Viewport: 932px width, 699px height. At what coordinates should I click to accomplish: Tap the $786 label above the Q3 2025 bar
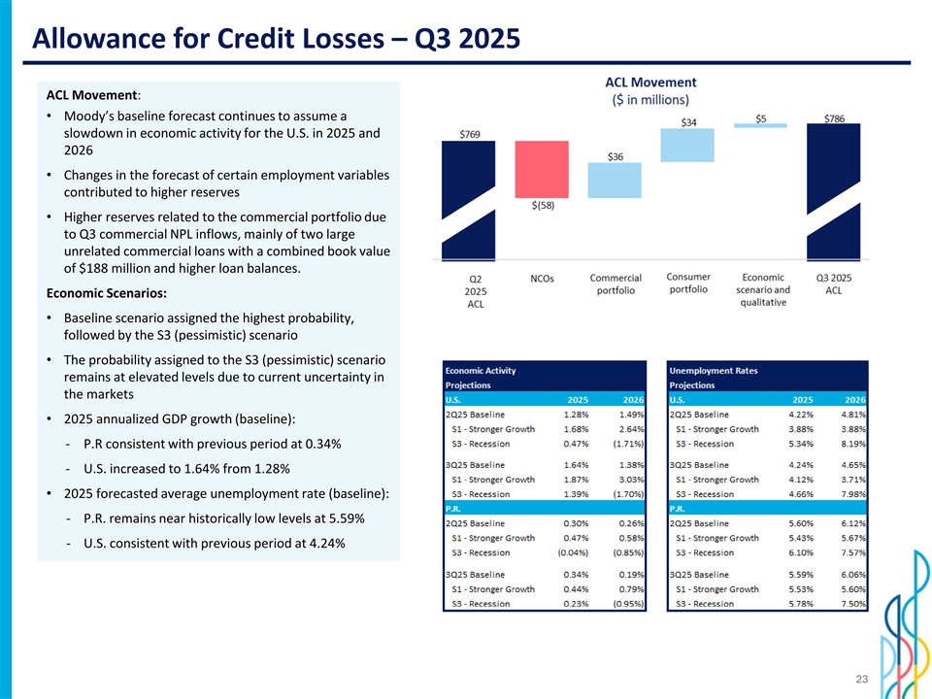point(835,118)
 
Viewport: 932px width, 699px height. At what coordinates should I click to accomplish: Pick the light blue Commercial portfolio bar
point(616,181)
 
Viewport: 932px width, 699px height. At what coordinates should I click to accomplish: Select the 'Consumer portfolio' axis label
point(689,283)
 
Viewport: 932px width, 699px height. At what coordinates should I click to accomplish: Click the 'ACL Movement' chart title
point(649,82)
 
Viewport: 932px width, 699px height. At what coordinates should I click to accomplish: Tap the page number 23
point(860,681)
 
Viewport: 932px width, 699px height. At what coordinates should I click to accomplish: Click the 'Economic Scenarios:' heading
point(106,293)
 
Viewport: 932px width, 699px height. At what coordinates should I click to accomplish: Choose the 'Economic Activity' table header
point(481,370)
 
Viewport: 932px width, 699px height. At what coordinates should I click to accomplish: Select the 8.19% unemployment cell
point(854,444)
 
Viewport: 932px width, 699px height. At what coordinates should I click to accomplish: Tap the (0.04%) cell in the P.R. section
point(570,552)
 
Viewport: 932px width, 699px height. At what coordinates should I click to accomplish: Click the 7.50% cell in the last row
point(854,603)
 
